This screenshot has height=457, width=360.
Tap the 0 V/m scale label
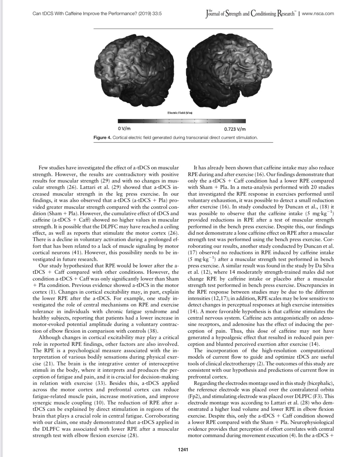pos(124,129)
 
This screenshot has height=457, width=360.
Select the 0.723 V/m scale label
pos(235,129)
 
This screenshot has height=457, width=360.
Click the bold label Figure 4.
pos(102,138)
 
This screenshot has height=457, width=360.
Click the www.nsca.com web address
pos(318,13)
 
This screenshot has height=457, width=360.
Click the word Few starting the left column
pos(44,167)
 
